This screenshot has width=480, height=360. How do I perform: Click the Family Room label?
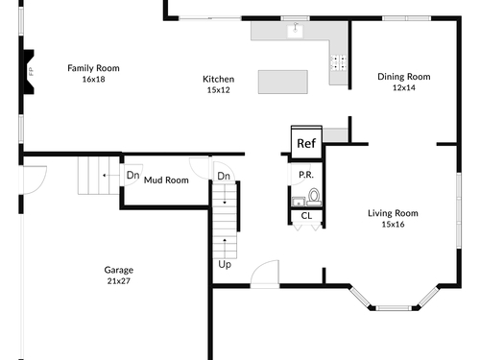pyautogui.click(x=93, y=68)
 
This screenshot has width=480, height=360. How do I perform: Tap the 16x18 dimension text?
pyautogui.click(x=93, y=79)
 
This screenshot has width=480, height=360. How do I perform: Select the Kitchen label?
pyautogui.click(x=219, y=79)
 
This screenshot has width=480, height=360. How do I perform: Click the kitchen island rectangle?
pyautogui.click(x=283, y=82)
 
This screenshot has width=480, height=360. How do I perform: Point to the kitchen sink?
pyautogui.click(x=296, y=30)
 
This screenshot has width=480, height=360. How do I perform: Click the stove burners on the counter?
pyautogui.click(x=339, y=62)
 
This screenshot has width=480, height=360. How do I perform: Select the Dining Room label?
pyautogui.click(x=404, y=77)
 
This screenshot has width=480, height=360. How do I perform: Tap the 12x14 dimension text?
pyautogui.click(x=404, y=87)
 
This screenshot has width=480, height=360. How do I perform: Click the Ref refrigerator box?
pyautogui.click(x=306, y=142)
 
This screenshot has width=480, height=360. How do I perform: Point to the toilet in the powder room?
pyautogui.click(x=314, y=197)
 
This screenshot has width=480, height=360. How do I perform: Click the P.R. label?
pyautogui.click(x=306, y=175)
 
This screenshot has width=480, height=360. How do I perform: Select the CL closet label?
pyautogui.click(x=306, y=216)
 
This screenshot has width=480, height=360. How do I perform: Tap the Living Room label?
pyautogui.click(x=393, y=213)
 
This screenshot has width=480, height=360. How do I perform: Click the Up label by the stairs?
pyautogui.click(x=225, y=265)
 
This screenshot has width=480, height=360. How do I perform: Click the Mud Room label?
pyautogui.click(x=166, y=180)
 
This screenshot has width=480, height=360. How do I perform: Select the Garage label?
pyautogui.click(x=119, y=270)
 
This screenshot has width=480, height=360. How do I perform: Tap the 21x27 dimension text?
pyautogui.click(x=119, y=281)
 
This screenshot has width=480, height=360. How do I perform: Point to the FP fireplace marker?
pyautogui.click(x=31, y=71)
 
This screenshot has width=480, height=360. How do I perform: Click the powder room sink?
pyautogui.click(x=299, y=202)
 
